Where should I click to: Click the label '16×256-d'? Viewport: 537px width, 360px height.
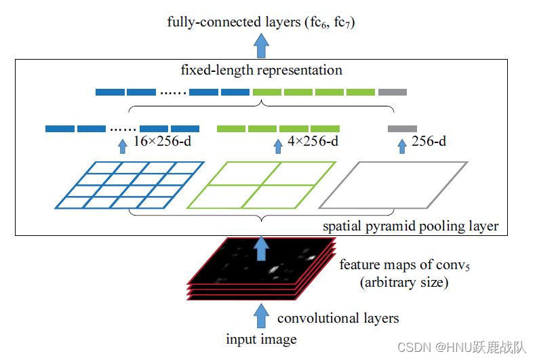coord(162,141)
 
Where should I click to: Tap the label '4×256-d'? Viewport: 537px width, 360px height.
coord(313,141)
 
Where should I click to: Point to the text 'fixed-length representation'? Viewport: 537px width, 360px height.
coord(261,71)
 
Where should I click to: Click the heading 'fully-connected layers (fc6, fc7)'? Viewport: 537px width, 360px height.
coord(261,22)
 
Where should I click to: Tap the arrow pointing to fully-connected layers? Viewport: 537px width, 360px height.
coord(261,45)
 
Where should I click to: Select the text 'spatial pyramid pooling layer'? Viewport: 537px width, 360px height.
coord(411,226)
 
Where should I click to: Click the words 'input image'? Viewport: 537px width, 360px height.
coord(261,340)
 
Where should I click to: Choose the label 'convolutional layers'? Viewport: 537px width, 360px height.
coord(338,318)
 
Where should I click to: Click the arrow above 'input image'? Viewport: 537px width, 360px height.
coord(261,316)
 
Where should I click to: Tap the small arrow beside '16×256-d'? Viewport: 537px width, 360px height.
coord(123,146)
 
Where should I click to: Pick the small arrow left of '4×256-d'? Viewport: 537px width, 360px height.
coord(278,146)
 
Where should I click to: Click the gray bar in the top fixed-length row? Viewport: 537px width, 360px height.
coord(393,92)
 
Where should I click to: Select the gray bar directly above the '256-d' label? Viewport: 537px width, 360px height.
coord(402,129)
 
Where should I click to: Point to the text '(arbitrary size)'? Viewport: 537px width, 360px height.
coord(404,283)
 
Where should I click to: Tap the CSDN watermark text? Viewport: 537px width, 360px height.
coord(462,347)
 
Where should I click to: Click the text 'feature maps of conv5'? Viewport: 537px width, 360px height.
coord(405,265)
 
